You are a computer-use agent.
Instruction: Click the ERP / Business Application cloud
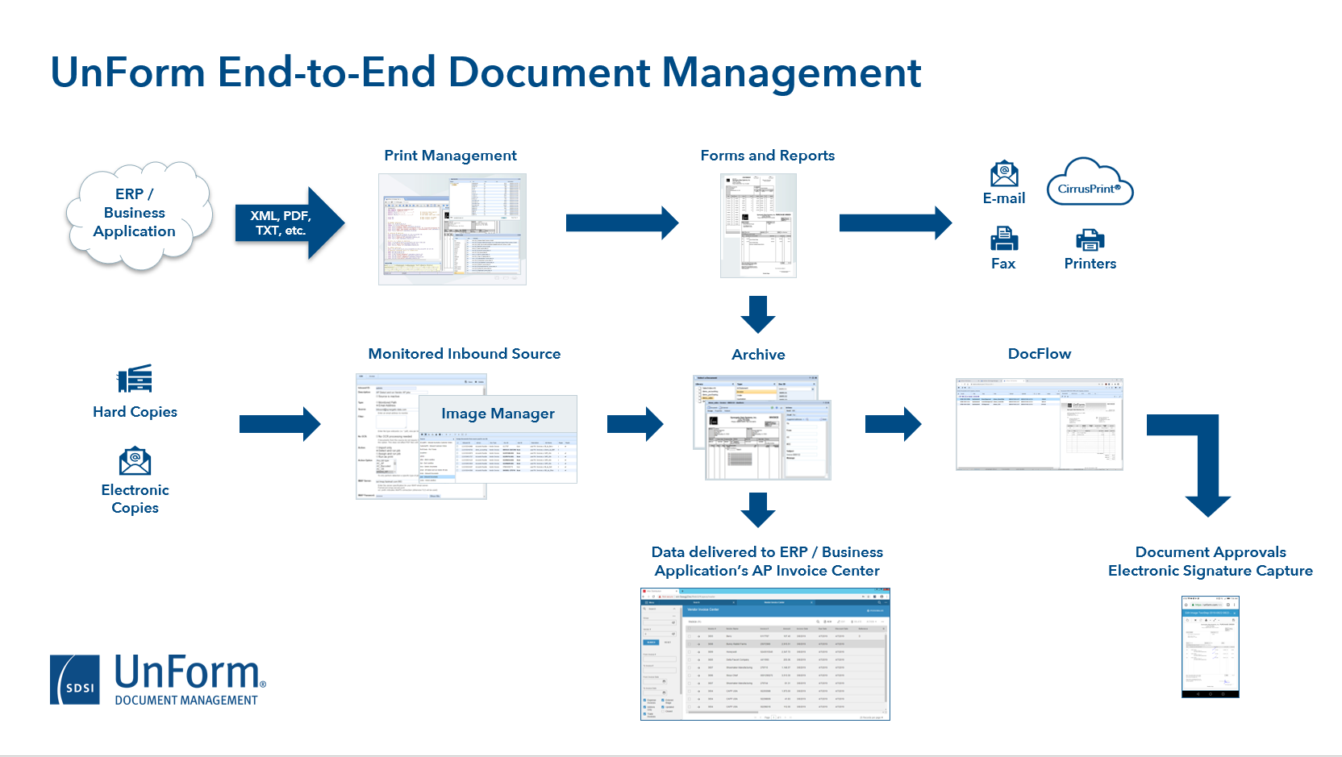[x=137, y=214]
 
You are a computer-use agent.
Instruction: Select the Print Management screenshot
[x=452, y=229]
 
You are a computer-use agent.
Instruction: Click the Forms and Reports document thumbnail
[x=758, y=226]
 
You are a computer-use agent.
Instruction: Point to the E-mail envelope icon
[x=1004, y=174]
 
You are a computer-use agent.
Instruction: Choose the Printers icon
[x=1090, y=239]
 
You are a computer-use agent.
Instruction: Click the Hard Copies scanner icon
[x=135, y=379]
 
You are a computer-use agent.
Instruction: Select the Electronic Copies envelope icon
[x=135, y=461]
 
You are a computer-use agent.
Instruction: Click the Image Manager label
[x=498, y=414]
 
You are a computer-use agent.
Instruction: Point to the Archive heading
[x=758, y=355]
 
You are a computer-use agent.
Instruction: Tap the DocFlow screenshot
[x=1039, y=424]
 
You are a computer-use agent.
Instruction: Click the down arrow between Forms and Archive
[x=758, y=314]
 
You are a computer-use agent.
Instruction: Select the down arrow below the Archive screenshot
[x=758, y=510]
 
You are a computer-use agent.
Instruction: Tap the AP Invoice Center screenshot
[x=765, y=654]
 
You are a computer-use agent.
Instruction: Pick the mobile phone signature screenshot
[x=1210, y=647]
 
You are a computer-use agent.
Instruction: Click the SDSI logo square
[x=75, y=680]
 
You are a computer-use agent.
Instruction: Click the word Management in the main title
[x=791, y=73]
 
